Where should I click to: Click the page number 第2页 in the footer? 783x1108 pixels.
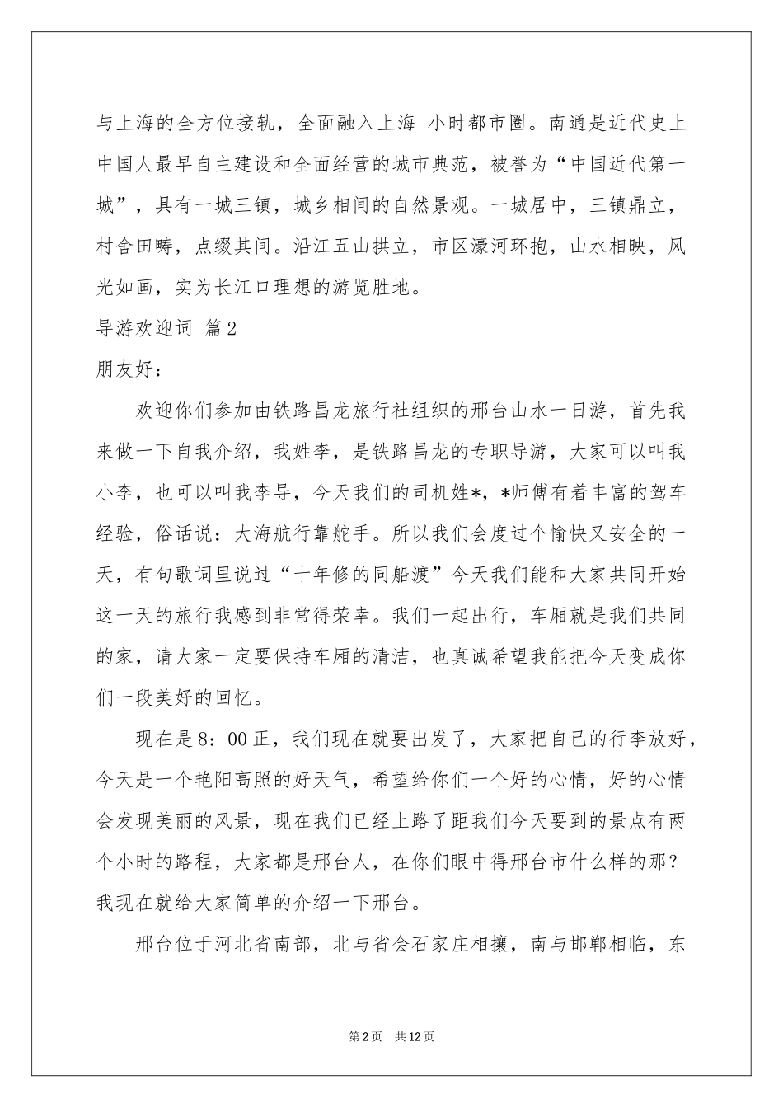click(x=365, y=1036)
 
